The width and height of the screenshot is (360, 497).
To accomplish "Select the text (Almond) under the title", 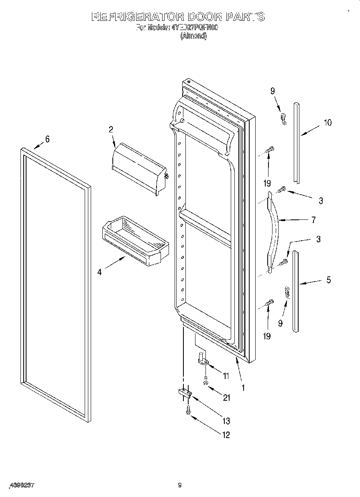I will pos(193,36).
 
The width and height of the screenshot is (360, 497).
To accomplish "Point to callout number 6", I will pos(47,139).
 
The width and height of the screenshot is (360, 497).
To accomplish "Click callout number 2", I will pos(111,129).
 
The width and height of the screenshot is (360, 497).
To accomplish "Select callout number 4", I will pos(99,272).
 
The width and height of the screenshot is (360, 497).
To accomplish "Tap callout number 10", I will pos(327,123).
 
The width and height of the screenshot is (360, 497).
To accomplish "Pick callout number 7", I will pos(313,219).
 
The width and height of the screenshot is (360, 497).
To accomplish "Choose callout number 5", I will pos(328,280).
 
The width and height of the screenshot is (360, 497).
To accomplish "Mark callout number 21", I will pos(227,398).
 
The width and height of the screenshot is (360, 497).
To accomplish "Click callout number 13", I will pos(226,421).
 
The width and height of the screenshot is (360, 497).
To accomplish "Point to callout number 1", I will pos(243,388).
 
